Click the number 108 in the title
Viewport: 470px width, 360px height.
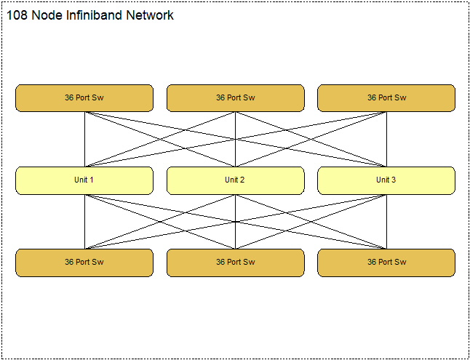[17, 15]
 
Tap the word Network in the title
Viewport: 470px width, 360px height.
[150, 15]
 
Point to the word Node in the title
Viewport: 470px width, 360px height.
[47, 15]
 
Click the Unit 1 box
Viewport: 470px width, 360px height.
[84, 180]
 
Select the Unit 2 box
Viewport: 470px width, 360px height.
[236, 180]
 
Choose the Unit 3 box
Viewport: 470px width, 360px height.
[386, 180]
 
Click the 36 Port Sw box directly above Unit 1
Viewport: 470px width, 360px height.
[84, 98]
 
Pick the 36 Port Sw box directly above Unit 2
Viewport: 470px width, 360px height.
[236, 98]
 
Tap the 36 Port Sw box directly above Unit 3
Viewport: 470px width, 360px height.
[386, 98]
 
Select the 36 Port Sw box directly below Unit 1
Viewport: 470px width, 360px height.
[84, 263]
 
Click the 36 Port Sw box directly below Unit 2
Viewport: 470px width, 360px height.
[236, 263]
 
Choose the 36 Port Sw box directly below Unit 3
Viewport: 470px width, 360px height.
[386, 263]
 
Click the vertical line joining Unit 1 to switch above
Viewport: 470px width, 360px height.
[85, 140]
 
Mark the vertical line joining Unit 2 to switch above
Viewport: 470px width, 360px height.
[235, 140]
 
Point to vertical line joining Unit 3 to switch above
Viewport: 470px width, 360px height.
[386, 140]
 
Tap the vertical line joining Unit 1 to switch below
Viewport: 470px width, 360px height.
[85, 222]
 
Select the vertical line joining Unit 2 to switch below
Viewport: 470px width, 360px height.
[235, 222]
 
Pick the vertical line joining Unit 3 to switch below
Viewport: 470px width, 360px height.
[386, 222]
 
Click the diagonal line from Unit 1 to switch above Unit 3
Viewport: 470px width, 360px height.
[236, 140]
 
